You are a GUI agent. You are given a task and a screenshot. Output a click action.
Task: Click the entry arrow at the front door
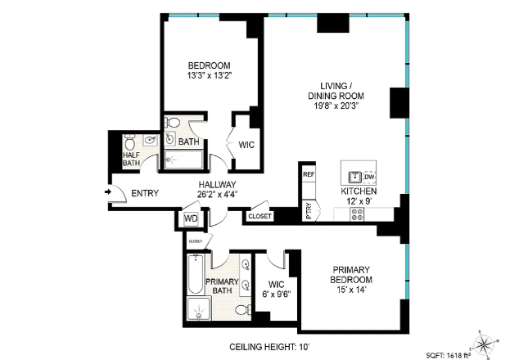click(110, 193)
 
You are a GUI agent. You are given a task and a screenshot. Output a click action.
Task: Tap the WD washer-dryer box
click(191, 219)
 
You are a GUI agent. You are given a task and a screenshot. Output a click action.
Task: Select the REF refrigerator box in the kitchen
click(309, 175)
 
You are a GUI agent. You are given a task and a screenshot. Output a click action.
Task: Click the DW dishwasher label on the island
click(369, 177)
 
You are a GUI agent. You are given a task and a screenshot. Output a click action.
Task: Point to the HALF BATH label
click(131, 158)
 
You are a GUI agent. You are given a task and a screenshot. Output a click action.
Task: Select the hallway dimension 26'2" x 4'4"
click(217, 195)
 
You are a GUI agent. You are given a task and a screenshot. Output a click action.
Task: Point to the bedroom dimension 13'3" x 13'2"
click(209, 78)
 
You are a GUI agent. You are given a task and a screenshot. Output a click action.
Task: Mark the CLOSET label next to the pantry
click(259, 217)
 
